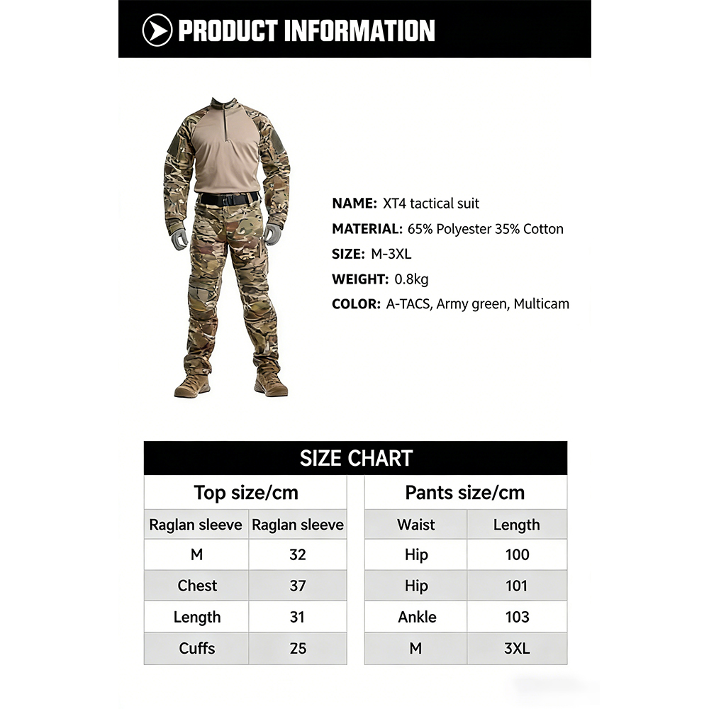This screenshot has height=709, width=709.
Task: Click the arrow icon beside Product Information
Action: (x=157, y=30)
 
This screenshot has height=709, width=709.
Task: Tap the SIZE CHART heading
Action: (x=356, y=458)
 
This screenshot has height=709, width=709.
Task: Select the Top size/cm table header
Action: (x=246, y=493)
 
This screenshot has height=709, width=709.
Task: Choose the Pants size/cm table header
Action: (x=465, y=493)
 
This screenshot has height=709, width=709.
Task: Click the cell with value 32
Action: (x=298, y=554)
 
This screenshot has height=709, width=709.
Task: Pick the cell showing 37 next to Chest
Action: (x=298, y=586)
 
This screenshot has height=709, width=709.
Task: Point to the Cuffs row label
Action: (x=197, y=648)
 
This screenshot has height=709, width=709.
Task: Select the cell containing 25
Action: (x=298, y=648)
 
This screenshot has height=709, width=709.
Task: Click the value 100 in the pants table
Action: (x=517, y=554)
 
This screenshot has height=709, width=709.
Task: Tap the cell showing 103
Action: (x=517, y=617)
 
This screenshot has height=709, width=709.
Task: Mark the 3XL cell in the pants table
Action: (x=517, y=648)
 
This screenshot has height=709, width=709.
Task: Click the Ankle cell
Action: (x=417, y=617)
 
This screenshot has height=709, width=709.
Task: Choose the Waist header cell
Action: (x=416, y=525)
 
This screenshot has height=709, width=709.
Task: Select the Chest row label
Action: (x=197, y=586)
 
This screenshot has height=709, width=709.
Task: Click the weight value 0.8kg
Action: (x=411, y=279)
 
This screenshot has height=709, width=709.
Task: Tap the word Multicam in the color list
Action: (x=542, y=304)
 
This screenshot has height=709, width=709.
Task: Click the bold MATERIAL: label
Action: (x=367, y=229)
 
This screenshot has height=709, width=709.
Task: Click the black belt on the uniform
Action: (x=228, y=199)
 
